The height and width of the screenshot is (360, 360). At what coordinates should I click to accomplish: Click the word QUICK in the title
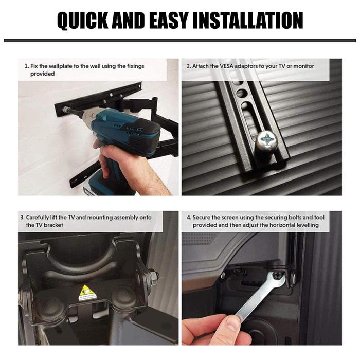pyautogui.click(x=83, y=21)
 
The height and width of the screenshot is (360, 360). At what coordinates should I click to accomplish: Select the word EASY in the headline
pyautogui.click(x=168, y=20)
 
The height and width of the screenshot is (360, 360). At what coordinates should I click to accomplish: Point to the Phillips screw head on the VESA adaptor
pyautogui.click(x=267, y=140)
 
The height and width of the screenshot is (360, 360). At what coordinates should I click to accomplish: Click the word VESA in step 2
pyautogui.click(x=226, y=66)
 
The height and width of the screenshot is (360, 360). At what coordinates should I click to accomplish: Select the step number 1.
pyautogui.click(x=26, y=66)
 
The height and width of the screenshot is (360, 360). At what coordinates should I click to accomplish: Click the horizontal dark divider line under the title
pyautogui.click(x=180, y=41)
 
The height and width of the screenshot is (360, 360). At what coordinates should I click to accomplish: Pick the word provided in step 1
pyautogui.click(x=43, y=74)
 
